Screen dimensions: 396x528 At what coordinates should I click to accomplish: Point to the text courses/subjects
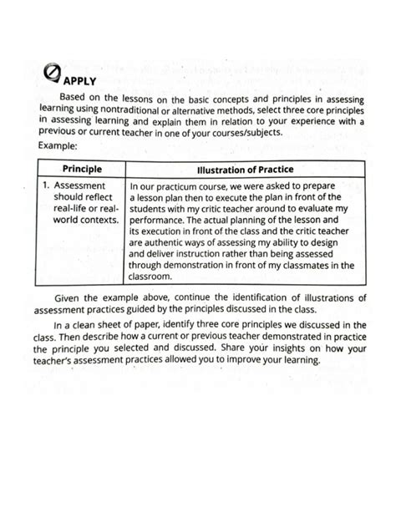(255, 132)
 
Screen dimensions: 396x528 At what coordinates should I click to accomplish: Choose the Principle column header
(82, 169)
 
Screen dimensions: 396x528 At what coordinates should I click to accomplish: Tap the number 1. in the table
(48, 185)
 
